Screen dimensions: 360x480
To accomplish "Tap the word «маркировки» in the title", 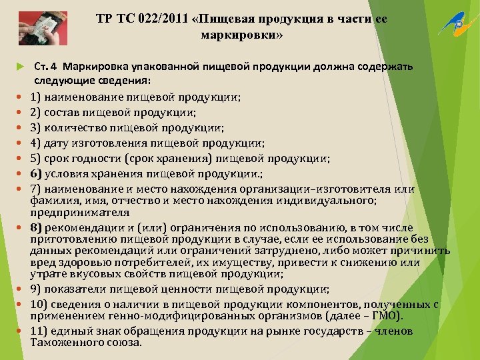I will click(241, 34).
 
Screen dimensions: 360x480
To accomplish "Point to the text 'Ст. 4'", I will click(45, 67).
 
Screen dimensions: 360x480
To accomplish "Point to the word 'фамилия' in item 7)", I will click(51, 201).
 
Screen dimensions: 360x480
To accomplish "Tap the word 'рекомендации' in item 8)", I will click(82, 227).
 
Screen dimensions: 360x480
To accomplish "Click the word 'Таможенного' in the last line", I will click(63, 342).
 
